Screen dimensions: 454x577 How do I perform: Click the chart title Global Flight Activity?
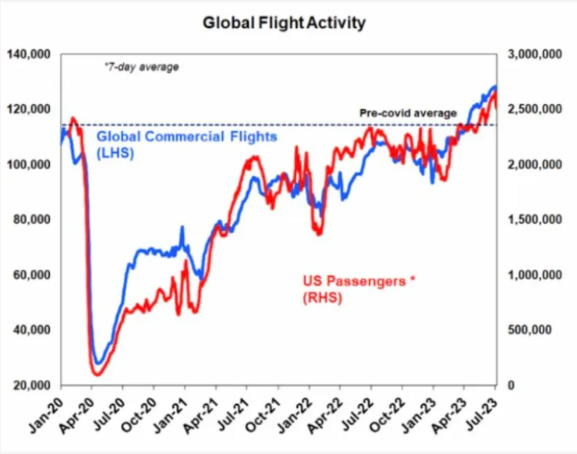pos(284,23)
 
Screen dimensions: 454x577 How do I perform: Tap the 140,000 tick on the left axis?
pos(29,55)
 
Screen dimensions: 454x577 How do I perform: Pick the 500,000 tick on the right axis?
pos(534,330)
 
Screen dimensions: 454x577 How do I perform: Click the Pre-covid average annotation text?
pos(408,113)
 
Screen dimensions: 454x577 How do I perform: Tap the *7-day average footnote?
pos(141,67)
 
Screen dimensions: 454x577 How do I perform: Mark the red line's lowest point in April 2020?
pos(97,374)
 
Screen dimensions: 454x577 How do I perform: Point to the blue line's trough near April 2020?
pos(98,364)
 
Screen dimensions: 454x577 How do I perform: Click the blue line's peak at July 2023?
pos(494,87)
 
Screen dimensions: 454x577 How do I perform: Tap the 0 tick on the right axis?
pos(512,385)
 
